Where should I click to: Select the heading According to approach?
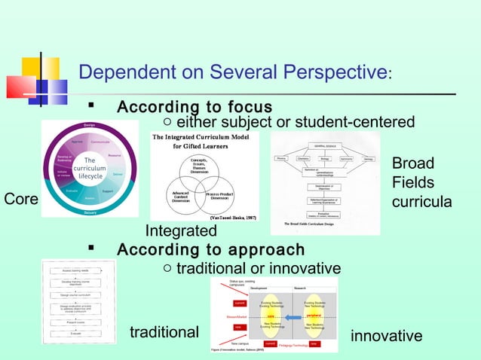tap(211, 249)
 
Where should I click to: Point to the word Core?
tap(20, 199)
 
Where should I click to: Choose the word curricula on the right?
tap(421, 202)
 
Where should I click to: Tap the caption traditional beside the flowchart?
tap(164, 332)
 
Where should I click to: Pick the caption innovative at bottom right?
tap(386, 335)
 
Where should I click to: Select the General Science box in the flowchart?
tap(326, 145)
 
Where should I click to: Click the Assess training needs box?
tap(75, 269)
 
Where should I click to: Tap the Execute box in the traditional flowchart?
tap(75, 333)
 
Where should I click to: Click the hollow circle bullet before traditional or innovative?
tap(167, 269)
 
